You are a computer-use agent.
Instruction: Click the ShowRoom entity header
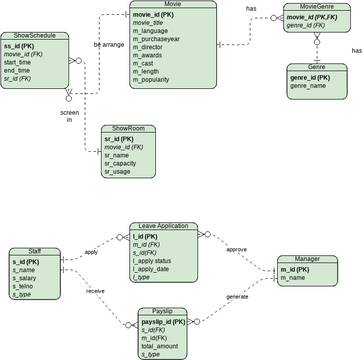tap(128, 128)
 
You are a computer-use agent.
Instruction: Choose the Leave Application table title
tap(164, 226)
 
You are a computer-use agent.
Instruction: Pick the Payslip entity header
tap(163, 310)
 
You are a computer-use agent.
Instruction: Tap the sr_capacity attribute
tap(124, 163)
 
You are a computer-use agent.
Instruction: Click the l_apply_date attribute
tap(155, 269)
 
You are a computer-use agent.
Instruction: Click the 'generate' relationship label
tap(237, 297)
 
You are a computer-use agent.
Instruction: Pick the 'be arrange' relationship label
tap(109, 44)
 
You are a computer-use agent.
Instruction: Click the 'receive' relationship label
tap(95, 290)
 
